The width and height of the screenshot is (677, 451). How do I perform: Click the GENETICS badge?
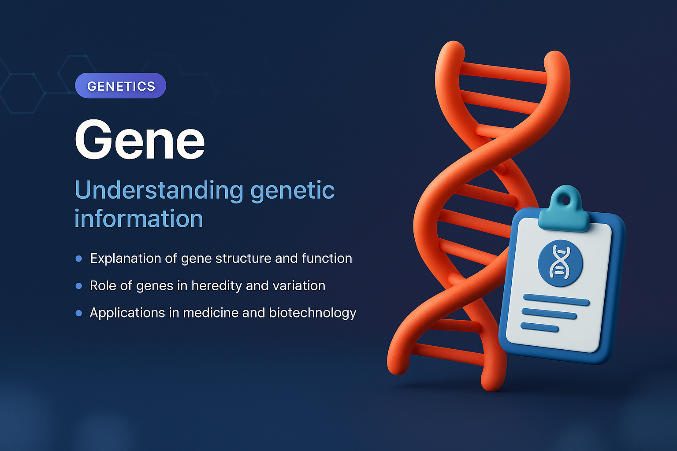pyautogui.click(x=121, y=86)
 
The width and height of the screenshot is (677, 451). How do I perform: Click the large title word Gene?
pyautogui.click(x=140, y=140)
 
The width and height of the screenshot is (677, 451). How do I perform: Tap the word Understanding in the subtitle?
pyautogui.click(x=159, y=191)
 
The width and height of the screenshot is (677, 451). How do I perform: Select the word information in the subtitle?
pyautogui.click(x=138, y=219)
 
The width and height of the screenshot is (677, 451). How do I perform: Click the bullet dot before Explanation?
pyautogui.click(x=79, y=259)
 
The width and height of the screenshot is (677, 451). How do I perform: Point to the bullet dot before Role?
pyautogui.click(x=79, y=286)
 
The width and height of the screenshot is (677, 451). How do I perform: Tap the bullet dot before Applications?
pyautogui.click(x=79, y=313)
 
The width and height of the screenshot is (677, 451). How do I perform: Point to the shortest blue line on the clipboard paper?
pyautogui.click(x=539, y=327)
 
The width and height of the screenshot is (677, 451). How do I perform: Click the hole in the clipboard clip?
pyautogui.click(x=566, y=200)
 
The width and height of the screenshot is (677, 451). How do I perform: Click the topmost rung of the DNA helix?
pyautogui.click(x=502, y=73)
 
